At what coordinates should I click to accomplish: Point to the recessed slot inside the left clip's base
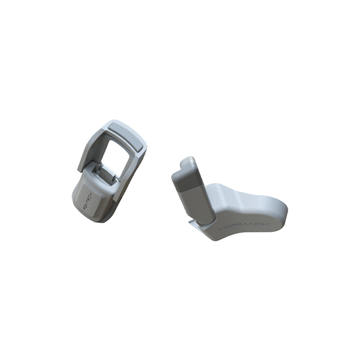(107, 172)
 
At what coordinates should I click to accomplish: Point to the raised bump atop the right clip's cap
(187, 161)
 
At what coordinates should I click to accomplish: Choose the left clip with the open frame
(110, 169)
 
